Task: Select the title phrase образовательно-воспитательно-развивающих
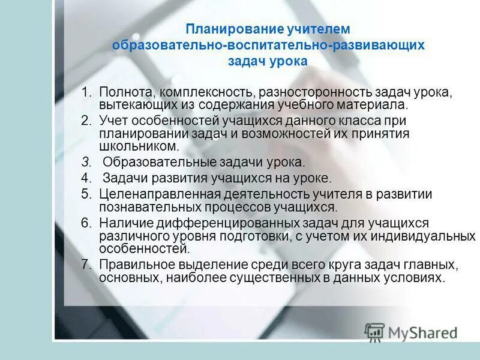click(268, 45)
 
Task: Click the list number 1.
click(86, 92)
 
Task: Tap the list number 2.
click(86, 120)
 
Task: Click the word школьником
click(139, 146)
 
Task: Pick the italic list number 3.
click(86, 162)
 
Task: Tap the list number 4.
click(86, 178)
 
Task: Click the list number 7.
click(86, 265)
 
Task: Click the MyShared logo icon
click(374, 332)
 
